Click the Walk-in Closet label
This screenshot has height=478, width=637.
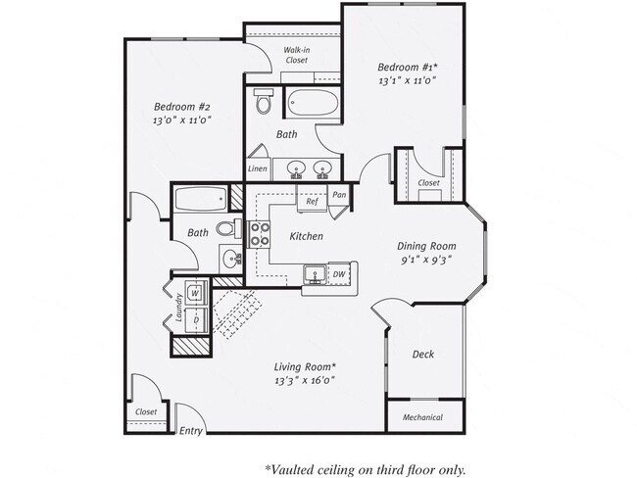pos(296,54)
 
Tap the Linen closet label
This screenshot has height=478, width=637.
pos(257,168)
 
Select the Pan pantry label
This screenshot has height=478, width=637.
pos(339,195)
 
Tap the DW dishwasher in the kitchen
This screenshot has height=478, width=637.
pos(338,274)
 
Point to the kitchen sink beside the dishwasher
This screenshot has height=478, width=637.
pos(314,274)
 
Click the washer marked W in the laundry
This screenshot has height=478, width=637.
pos(196,292)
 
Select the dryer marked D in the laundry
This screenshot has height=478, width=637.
pos(196,320)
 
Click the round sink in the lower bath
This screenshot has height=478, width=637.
pos(231,261)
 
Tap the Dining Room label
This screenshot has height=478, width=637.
pos(428,246)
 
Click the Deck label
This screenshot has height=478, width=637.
pos(422,355)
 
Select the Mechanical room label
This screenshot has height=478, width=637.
pos(422,417)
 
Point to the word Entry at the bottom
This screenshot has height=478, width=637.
pos(191,431)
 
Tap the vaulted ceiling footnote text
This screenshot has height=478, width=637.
pos(365,468)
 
